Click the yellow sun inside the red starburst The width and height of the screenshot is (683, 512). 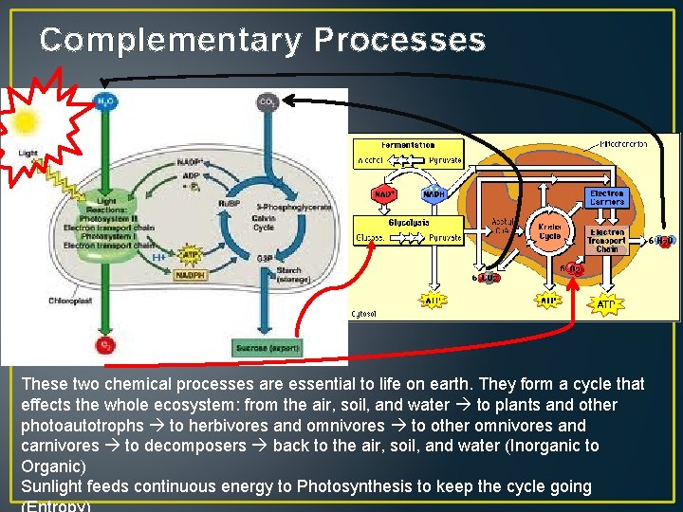pyautogui.click(x=24, y=121)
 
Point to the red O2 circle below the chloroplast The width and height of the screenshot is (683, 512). pyautogui.click(x=104, y=344)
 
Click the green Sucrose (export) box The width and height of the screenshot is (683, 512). pyautogui.click(x=268, y=348)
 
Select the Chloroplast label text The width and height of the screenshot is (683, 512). pyautogui.click(x=70, y=302)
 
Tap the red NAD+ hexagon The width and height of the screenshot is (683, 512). pyautogui.click(x=384, y=193)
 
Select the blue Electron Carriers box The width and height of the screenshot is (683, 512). pyautogui.click(x=605, y=197)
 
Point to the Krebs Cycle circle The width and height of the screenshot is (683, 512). pyautogui.click(x=550, y=232)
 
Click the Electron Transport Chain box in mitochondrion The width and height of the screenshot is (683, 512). pyautogui.click(x=607, y=241)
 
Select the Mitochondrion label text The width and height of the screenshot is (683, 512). pyautogui.click(x=623, y=144)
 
